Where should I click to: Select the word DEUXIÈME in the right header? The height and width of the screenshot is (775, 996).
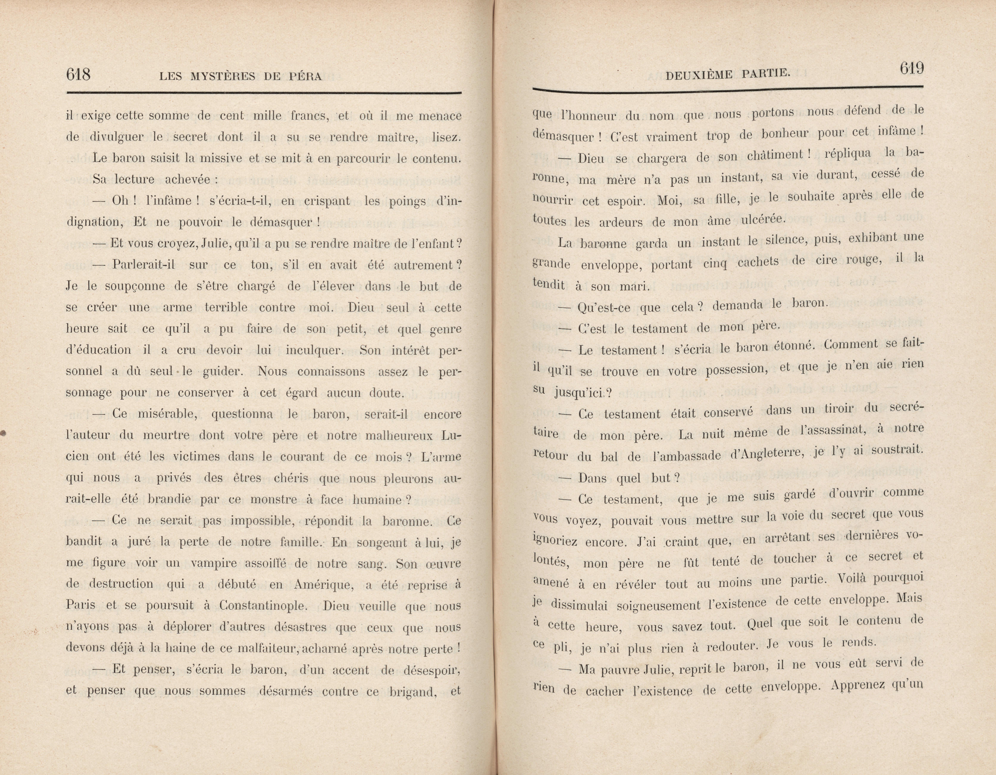(x=697, y=74)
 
